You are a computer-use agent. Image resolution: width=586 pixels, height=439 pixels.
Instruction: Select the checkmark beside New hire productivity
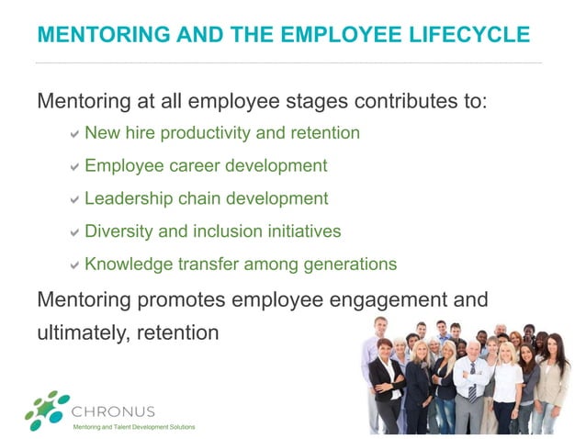pyautogui.click(x=73, y=134)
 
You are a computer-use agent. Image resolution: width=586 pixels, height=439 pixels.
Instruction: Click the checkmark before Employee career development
pyautogui.click(x=73, y=167)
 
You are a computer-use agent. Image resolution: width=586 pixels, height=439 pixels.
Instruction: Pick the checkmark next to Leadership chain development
pyautogui.click(x=73, y=199)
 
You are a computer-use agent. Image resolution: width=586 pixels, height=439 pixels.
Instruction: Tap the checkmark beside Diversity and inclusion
pyautogui.click(x=73, y=232)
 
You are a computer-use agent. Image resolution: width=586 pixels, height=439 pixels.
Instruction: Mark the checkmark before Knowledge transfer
pyautogui.click(x=73, y=265)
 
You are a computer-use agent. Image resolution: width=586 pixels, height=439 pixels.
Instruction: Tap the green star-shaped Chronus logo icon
pyautogui.click(x=47, y=410)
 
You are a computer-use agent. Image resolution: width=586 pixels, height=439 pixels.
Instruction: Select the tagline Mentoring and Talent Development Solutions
pyautogui.click(x=134, y=427)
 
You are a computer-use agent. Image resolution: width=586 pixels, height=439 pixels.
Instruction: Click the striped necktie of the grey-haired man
pyautogui.click(x=472, y=385)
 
